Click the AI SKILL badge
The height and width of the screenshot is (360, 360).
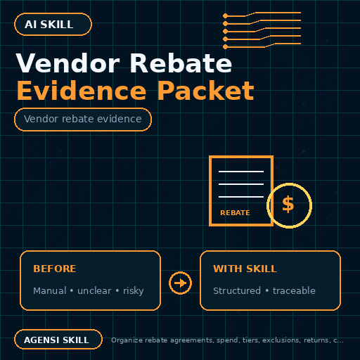click(x=53, y=25)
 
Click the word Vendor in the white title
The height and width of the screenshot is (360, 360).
click(x=67, y=63)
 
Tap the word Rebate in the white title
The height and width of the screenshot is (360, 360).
click(x=181, y=63)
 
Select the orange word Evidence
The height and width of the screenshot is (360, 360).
click(x=82, y=91)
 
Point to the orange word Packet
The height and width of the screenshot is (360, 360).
click(x=205, y=91)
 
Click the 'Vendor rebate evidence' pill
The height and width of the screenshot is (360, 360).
click(x=83, y=120)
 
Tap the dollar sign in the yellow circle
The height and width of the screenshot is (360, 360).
click(x=288, y=205)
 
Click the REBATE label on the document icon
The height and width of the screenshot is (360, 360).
click(x=235, y=213)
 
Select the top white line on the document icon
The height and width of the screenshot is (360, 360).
click(x=241, y=172)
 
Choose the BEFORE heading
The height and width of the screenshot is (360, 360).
click(x=55, y=269)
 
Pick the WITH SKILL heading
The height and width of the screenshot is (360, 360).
click(x=245, y=269)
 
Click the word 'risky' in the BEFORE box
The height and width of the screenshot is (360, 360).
click(x=134, y=291)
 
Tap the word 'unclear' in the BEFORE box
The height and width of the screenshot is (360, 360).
click(x=94, y=291)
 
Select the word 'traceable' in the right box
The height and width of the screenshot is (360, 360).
click(x=294, y=290)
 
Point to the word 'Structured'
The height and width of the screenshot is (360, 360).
click(x=237, y=290)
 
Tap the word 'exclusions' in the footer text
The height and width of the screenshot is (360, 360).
click(x=281, y=340)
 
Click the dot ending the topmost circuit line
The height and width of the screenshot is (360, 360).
click(x=225, y=16)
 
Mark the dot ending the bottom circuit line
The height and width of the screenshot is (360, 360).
click(x=225, y=47)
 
